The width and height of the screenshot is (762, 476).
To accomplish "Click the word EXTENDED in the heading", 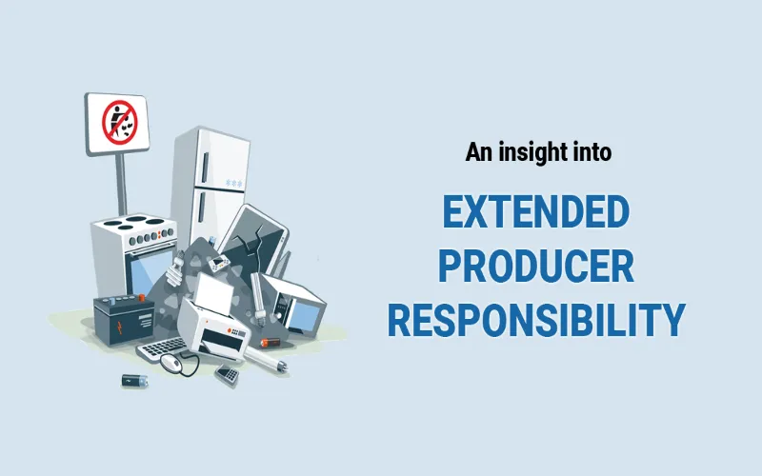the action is pos(536,211).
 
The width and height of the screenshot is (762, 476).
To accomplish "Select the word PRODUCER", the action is pos(536,266).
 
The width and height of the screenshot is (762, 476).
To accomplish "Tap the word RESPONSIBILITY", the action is pos(536,320).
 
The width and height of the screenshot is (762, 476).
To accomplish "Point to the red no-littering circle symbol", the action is pos(120,123).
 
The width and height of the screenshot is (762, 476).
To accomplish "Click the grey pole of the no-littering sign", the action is pos(122,184).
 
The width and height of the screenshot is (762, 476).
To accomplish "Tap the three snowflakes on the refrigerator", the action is pos(233,183).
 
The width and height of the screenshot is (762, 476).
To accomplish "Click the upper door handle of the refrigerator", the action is pos(205,169).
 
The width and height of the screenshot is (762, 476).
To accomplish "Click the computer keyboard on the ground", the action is pos(161,347).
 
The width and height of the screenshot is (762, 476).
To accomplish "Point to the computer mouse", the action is pos(171,362).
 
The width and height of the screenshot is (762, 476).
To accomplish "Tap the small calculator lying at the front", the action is pos(227,374).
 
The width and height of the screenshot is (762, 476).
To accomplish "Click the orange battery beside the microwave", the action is pos(271,343).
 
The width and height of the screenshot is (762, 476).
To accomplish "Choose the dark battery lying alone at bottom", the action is pos(134,380).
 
